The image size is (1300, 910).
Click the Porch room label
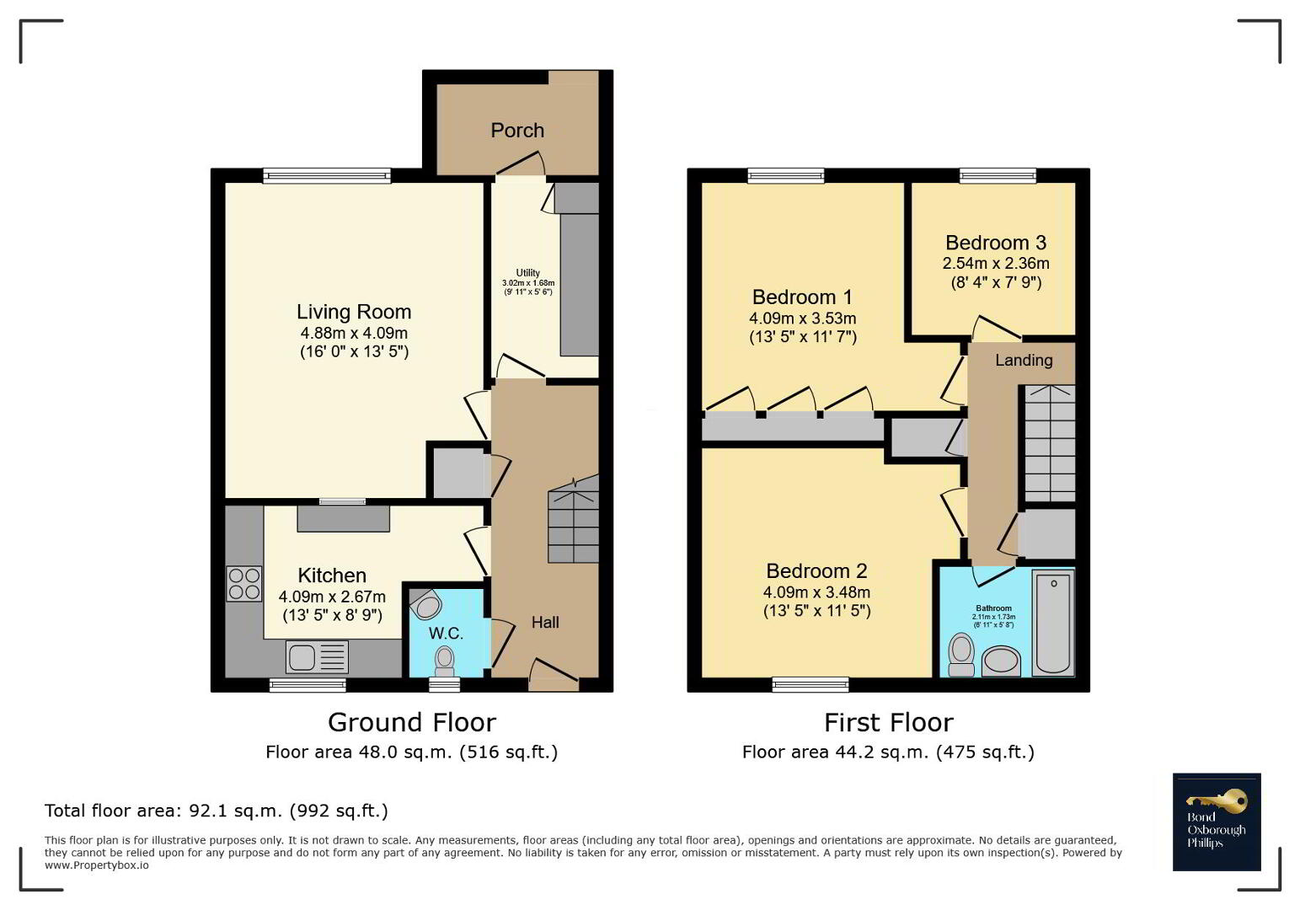[517, 130]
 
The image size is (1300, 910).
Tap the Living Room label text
[354, 312]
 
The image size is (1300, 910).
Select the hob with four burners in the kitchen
[243, 583]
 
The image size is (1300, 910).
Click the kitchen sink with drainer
[317, 657]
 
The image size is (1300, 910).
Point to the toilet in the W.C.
[445, 662]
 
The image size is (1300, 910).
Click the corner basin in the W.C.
[426, 604]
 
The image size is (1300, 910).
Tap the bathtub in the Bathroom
[1053, 623]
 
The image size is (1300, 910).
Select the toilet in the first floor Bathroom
[961, 655]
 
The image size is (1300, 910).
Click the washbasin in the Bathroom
[1001, 661]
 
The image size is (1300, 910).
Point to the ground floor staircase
[574, 519]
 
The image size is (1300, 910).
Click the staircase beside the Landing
[1050, 443]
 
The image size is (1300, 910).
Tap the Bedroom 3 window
[998, 175]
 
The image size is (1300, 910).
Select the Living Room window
[327, 175]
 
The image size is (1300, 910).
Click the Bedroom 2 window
[810, 684]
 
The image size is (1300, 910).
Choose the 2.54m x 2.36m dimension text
[996, 263]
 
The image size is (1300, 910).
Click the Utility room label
[528, 273]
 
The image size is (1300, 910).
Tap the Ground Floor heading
[412, 723]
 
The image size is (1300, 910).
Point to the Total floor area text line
[217, 811]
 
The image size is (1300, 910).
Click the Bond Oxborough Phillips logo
[1217, 822]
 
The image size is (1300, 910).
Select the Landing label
[1024, 361]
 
